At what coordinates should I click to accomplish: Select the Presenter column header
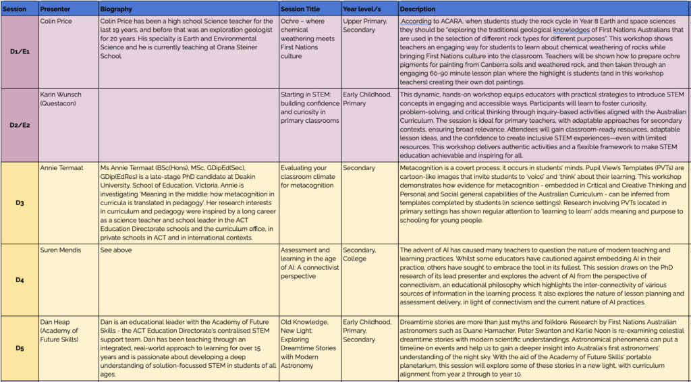point(55,9)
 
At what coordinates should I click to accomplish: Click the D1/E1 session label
point(19,52)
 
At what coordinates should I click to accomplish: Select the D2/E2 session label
point(19,125)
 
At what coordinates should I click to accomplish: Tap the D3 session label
point(19,202)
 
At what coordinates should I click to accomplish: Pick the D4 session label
point(19,279)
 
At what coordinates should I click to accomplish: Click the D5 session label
point(19,348)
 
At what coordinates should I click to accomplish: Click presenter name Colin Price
point(57,21)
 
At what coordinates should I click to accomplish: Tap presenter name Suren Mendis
point(61,250)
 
